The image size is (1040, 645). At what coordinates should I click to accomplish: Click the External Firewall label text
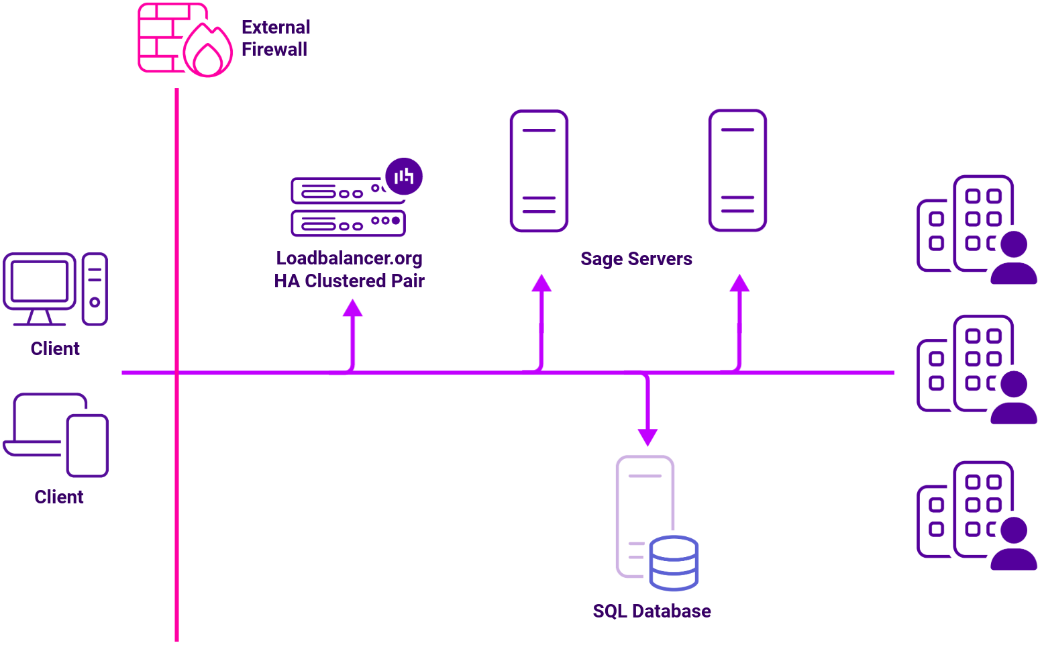275,38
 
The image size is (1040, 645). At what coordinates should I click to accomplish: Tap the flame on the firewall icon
208,52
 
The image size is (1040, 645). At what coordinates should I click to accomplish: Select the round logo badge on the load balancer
404,177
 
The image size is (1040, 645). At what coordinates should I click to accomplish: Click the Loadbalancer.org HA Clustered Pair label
349,269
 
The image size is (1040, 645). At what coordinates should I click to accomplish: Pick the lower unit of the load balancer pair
348,223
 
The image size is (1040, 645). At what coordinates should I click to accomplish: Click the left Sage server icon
539,171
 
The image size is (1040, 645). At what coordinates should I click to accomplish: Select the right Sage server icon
737,170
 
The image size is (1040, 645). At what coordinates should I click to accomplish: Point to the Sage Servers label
636,259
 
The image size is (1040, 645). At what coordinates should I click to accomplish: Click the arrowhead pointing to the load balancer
352,308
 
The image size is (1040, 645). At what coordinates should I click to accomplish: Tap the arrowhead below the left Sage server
541,283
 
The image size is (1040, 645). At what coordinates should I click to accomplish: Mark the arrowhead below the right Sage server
739,283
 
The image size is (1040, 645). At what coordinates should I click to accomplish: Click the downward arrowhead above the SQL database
647,437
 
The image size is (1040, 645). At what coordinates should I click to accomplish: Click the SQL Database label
652,611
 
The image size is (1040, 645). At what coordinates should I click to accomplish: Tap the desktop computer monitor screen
40,281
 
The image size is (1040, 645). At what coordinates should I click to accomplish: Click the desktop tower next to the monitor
95,289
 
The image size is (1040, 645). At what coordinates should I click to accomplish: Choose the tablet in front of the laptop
87,446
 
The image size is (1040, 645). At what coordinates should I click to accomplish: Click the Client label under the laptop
59,497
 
